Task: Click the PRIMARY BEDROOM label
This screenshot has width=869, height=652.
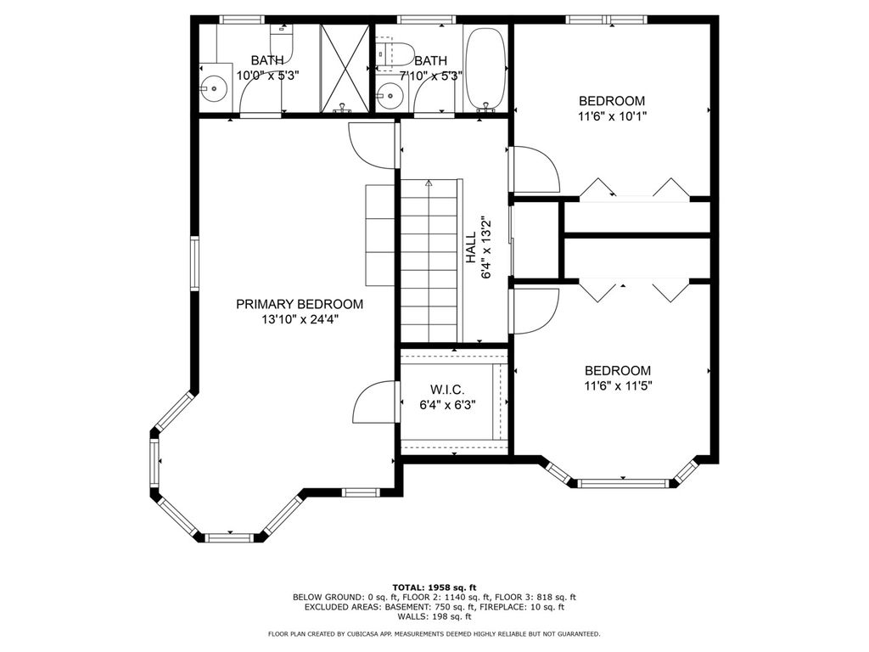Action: coord(300,304)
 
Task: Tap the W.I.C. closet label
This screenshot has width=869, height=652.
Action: coord(447,390)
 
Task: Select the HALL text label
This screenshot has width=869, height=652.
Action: coord(470,247)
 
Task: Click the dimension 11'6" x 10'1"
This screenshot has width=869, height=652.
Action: coord(612,116)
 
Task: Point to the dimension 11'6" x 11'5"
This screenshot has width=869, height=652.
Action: coord(618,386)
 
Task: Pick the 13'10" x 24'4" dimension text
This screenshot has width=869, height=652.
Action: coord(300,320)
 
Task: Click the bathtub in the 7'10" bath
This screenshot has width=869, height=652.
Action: coord(485,70)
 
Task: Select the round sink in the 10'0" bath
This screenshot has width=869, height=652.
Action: coord(213,88)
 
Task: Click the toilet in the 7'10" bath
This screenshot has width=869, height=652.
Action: coord(395,53)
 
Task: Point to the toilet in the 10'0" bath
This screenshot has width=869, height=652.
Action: coord(281,43)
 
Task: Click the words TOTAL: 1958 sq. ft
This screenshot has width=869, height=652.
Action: coord(434,587)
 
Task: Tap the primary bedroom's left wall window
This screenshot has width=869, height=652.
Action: coord(194,263)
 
